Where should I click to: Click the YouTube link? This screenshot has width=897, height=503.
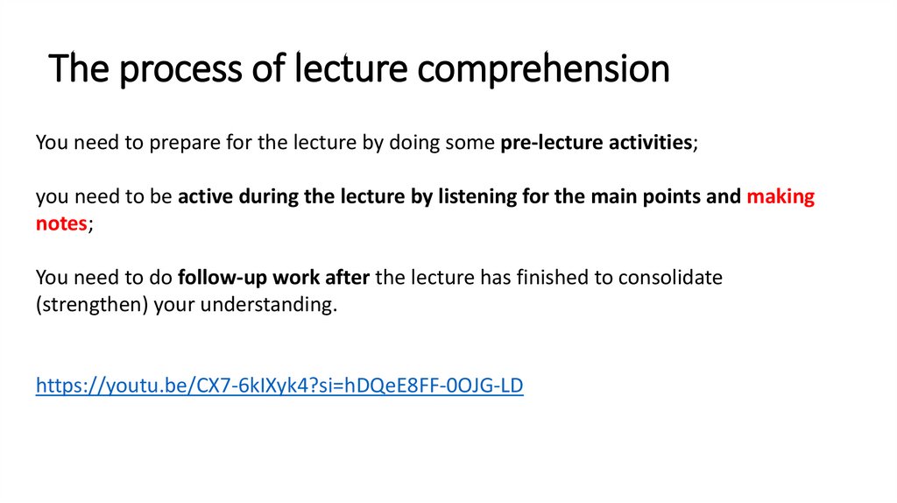coord(279,386)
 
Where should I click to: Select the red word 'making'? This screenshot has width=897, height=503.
coord(780,196)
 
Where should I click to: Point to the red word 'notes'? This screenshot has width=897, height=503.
coord(61,223)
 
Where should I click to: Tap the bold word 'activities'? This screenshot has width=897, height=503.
coord(650,142)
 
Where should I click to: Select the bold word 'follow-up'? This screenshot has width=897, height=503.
coord(218,278)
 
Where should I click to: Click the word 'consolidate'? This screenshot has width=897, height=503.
coord(670,278)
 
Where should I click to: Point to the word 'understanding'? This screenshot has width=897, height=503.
coord(276,306)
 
